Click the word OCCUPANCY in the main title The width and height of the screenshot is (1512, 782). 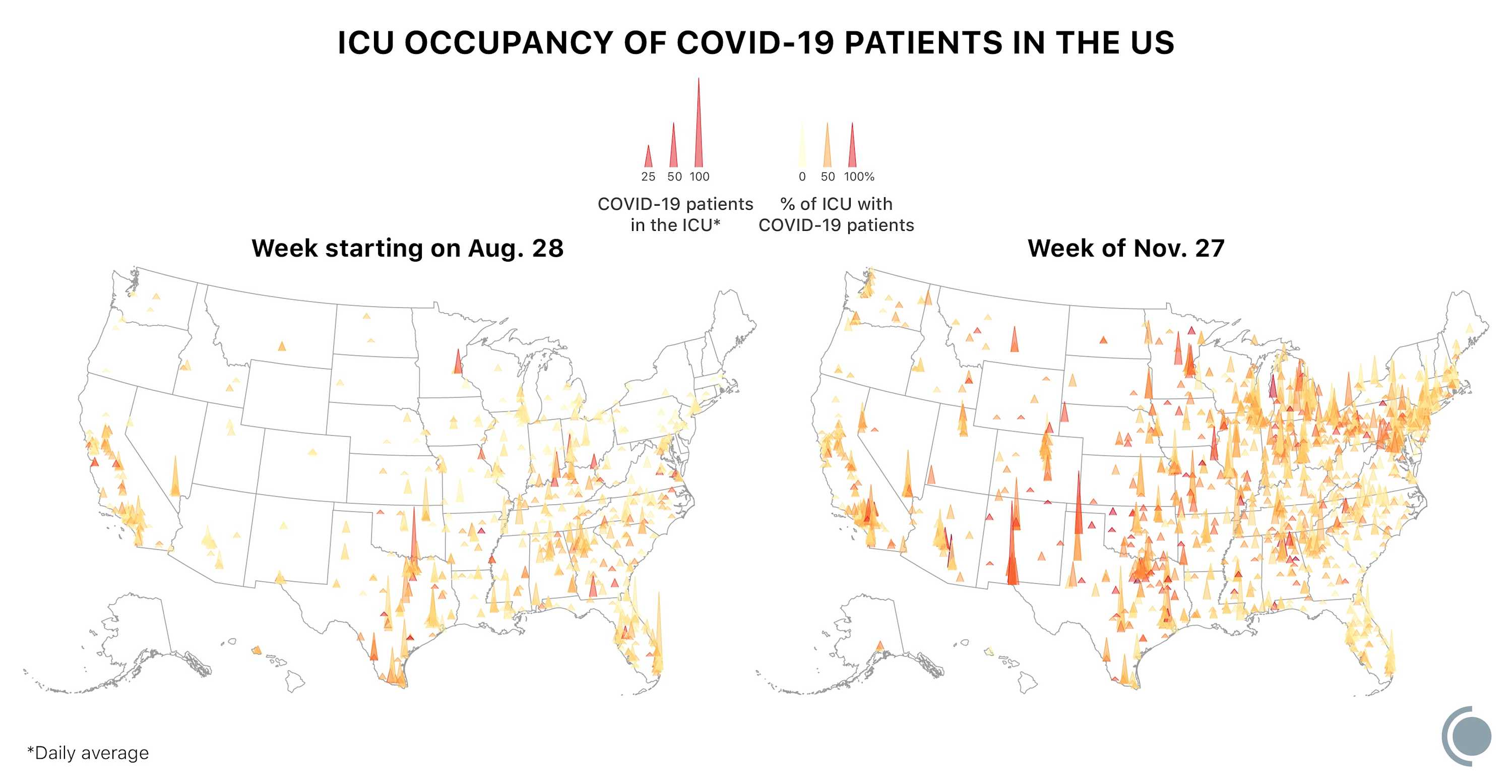click(509, 43)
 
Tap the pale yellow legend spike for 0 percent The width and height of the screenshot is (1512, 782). click(802, 150)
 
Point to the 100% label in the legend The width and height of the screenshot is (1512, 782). click(859, 176)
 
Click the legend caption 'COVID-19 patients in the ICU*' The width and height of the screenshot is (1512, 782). click(675, 214)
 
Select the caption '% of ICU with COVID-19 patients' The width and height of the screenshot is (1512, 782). click(836, 214)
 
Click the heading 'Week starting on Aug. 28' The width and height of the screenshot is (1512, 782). click(407, 249)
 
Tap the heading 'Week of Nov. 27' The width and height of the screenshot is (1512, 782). click(1126, 249)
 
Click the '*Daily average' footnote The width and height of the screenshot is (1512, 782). click(88, 753)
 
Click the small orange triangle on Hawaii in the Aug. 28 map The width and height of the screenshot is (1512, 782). click(257, 650)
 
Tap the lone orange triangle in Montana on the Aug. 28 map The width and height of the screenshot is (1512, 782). click(282, 346)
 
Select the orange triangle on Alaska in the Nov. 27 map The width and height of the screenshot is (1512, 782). click(879, 646)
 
